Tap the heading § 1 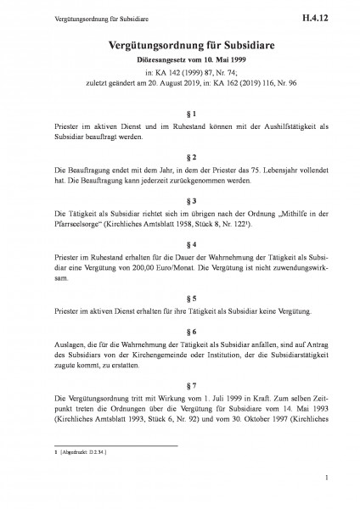pyautogui.click(x=180, y=113)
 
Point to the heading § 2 pyautogui.click(x=180, y=158)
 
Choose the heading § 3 pyautogui.click(x=180, y=204)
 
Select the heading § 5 pyautogui.click(x=180, y=299)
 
